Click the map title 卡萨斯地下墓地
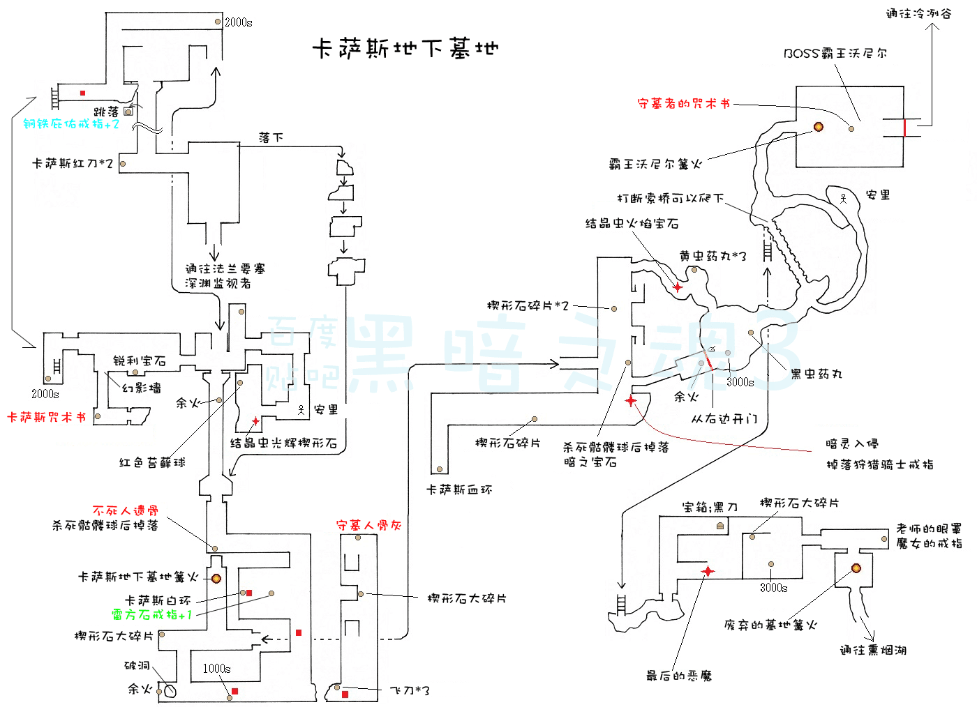(x=405, y=48)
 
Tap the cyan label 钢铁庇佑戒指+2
(x=71, y=124)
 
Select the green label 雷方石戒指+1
(x=152, y=614)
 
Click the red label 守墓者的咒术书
(x=684, y=103)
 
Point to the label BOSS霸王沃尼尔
(x=835, y=53)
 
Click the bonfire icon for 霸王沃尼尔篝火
(x=819, y=127)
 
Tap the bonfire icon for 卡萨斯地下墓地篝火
(x=216, y=579)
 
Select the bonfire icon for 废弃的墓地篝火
(x=856, y=568)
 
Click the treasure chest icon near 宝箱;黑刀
(x=720, y=526)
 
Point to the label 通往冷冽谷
(x=918, y=13)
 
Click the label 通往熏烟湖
(x=874, y=651)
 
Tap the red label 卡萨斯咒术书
(x=47, y=418)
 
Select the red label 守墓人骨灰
(x=368, y=525)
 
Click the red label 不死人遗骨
(x=126, y=510)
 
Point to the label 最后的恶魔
(x=679, y=676)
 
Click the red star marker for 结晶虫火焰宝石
(x=678, y=287)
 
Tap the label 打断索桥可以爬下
(x=671, y=198)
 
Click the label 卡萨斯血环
(x=459, y=490)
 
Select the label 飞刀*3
(x=410, y=690)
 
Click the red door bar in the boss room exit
(x=904, y=128)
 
